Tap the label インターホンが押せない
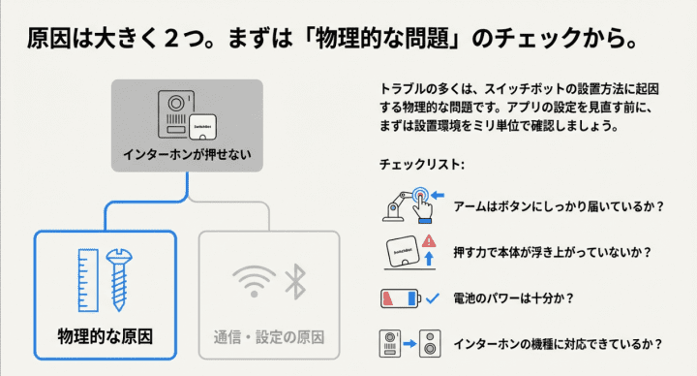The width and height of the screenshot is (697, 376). (186, 154)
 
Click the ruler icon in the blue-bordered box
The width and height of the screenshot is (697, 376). (87, 278)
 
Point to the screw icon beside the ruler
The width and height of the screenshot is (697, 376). (121, 278)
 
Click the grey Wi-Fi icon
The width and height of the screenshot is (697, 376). (250, 282)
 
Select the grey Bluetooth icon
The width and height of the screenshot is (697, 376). (294, 282)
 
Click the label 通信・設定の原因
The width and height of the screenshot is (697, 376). (268, 338)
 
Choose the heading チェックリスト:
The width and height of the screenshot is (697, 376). (421, 165)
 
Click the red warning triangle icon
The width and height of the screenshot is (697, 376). (429, 240)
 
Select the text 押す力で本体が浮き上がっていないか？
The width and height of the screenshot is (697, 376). (549, 252)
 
